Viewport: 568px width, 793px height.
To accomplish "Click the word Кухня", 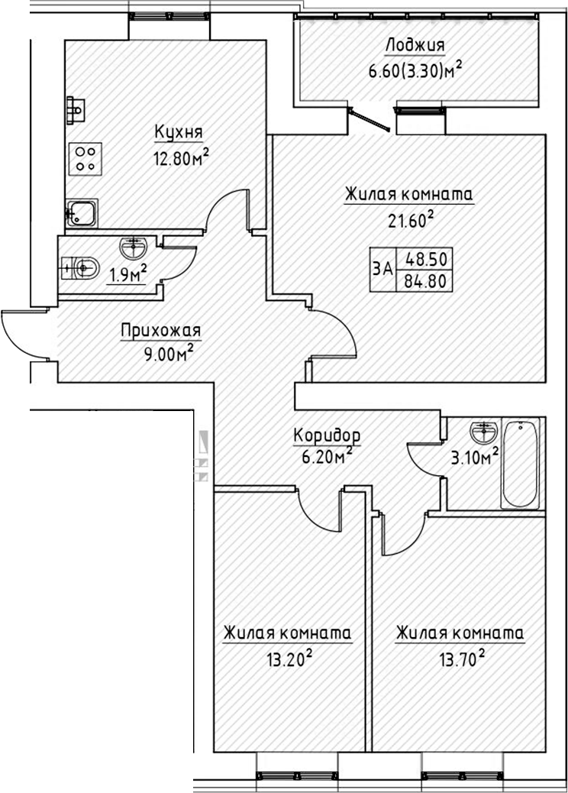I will tap(178, 133).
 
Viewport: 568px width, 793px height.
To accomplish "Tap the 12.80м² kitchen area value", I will tap(181, 160).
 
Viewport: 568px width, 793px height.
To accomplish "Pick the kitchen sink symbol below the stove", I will tap(81, 212).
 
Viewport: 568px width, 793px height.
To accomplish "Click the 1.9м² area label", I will tap(127, 274).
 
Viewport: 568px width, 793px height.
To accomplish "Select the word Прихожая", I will tap(160, 332).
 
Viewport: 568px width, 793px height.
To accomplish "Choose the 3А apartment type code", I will tap(383, 269).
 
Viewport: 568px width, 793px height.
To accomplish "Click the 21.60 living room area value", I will tap(409, 222).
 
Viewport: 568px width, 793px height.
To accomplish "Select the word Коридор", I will tap(327, 435).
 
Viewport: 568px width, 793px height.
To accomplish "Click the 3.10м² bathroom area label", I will tap(473, 458).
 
